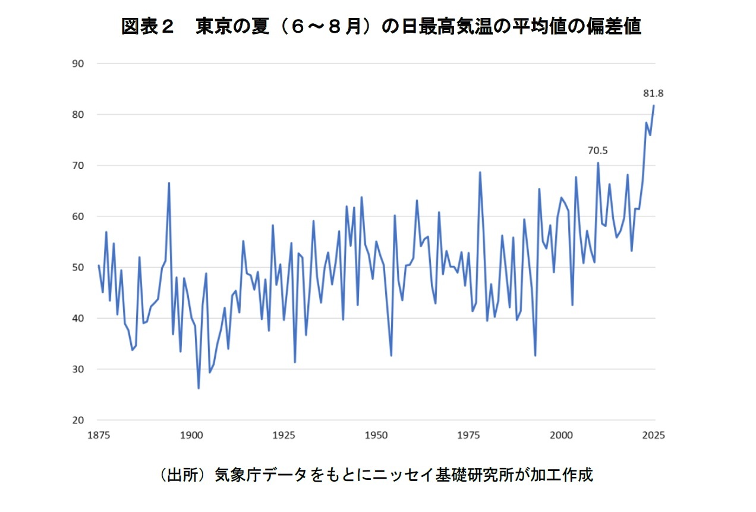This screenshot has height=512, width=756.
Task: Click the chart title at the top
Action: tap(380, 27)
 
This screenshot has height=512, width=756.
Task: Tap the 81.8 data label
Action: tap(653, 93)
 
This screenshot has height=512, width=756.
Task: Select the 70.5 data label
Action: tap(597, 152)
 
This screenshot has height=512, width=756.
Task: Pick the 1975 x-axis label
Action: tap(469, 435)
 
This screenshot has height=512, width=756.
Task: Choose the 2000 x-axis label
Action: tap(562, 435)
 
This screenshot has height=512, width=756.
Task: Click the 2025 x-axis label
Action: tap(654, 435)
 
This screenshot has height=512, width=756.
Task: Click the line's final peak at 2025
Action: tap(654, 106)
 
